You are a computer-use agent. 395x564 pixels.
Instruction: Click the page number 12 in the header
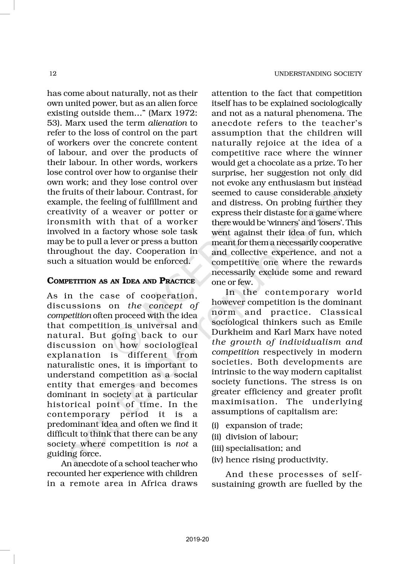(x=53, y=74)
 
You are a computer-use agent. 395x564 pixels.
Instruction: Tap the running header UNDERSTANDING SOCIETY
(x=318, y=74)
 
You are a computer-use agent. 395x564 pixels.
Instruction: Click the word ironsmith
(x=69, y=221)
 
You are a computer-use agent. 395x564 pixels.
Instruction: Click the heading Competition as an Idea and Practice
(x=121, y=281)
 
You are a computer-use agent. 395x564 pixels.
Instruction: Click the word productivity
(x=302, y=459)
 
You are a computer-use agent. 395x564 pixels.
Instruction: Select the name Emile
(x=350, y=322)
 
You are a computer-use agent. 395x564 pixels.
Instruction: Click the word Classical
(x=342, y=312)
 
